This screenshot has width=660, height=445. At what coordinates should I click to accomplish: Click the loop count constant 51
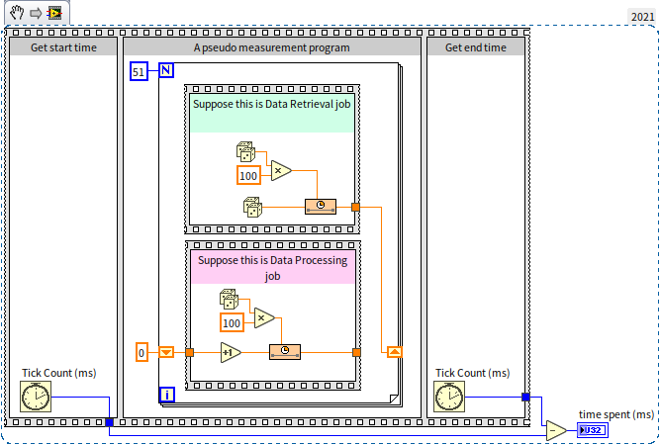[139, 71]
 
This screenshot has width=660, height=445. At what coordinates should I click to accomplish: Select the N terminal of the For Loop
[166, 70]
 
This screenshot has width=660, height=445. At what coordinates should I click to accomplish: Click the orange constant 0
[141, 352]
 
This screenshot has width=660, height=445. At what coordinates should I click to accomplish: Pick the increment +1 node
[230, 352]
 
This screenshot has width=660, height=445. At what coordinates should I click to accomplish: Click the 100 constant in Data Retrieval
[248, 176]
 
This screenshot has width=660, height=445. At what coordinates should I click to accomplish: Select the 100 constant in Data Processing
[232, 323]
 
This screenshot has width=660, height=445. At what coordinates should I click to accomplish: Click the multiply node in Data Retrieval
[280, 171]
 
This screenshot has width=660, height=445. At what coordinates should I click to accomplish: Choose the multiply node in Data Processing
[263, 317]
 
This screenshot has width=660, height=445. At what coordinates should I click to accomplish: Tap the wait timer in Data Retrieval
[321, 207]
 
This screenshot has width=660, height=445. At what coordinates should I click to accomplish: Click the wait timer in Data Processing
[284, 352]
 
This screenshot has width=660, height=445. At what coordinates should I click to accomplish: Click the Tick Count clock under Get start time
[36, 398]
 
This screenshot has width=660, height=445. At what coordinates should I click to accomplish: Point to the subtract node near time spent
[557, 431]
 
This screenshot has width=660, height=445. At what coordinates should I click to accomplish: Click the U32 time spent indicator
[592, 431]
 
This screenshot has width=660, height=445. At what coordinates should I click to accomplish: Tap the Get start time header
[63, 46]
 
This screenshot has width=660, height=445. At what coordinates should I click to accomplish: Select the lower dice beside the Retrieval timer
[253, 208]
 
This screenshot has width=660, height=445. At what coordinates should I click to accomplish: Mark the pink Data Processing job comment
[272, 268]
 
